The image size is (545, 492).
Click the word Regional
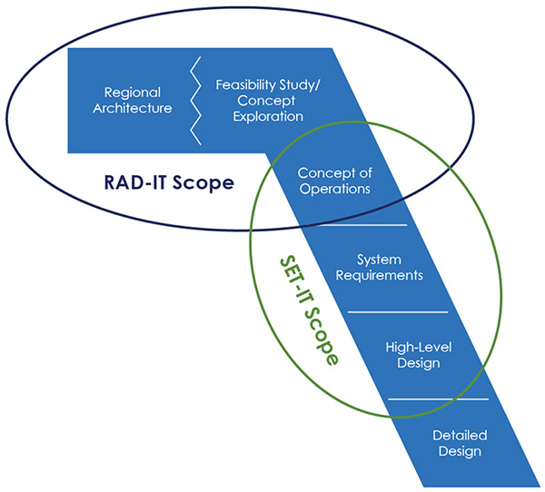(x=133, y=93)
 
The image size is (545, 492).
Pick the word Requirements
(x=380, y=276)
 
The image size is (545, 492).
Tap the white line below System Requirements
(x=398, y=311)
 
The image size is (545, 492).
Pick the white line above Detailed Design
(x=438, y=399)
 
